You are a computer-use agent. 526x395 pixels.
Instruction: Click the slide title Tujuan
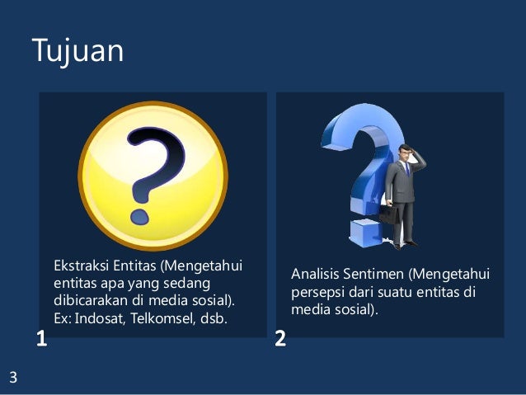pos(77,51)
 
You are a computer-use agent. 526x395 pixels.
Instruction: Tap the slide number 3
pos(13,379)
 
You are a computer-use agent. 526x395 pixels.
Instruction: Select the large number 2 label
pos(280,339)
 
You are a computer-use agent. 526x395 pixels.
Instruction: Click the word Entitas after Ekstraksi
pos(132,266)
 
